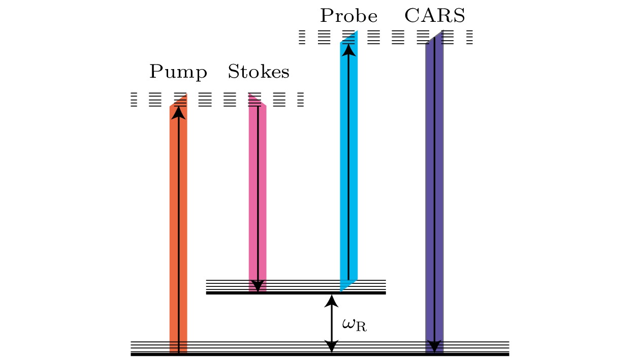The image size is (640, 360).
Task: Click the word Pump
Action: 178,73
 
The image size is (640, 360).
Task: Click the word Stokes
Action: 258,73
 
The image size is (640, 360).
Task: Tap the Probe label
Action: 348,17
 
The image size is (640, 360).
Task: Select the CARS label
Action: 434,17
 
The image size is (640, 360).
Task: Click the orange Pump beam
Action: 178,228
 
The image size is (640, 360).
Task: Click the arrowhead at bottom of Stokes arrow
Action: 258,286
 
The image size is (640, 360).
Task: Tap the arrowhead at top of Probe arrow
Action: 348,49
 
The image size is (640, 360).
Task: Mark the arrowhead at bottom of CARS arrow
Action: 434,347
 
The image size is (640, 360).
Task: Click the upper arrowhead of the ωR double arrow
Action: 331,301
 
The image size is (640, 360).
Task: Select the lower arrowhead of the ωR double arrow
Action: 331,347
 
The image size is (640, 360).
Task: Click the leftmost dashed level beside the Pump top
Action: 134,100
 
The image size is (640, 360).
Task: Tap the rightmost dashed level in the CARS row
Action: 469,38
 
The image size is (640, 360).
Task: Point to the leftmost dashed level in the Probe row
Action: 302,38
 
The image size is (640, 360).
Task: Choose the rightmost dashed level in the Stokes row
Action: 300,100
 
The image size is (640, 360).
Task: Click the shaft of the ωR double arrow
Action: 331,324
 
